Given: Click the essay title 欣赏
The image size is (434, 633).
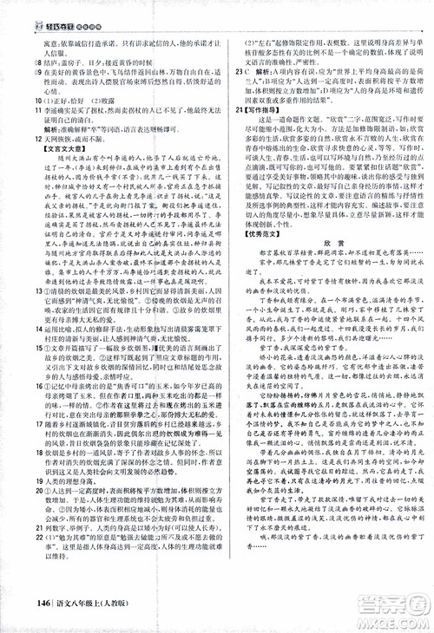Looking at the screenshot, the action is point(321,258).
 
